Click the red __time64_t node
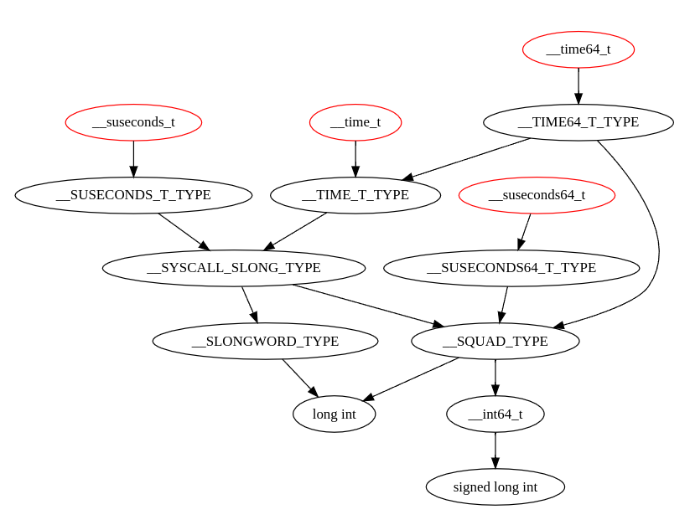tap(578, 49)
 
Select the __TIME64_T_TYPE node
tap(578, 122)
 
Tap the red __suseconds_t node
tap(134, 122)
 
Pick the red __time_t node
tap(355, 122)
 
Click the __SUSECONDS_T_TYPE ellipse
tap(134, 195)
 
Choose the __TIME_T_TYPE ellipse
tap(355, 195)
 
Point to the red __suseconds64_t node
tap(537, 195)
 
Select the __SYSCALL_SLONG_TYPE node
tap(234, 268)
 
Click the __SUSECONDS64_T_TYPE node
tap(511, 268)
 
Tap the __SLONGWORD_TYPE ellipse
tap(265, 341)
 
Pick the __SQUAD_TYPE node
tap(495, 341)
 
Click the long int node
tap(334, 414)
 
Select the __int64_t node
tap(495, 414)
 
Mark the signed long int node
tap(495, 486)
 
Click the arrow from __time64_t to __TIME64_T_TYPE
tap(578, 86)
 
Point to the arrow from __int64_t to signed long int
tap(495, 450)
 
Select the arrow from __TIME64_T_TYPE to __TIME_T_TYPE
tap(466, 159)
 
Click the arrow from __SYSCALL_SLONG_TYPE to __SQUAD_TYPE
tap(369, 306)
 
